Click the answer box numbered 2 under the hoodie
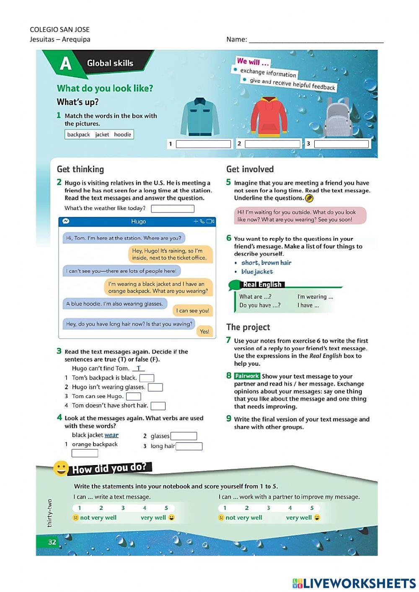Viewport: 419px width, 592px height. tap(272, 144)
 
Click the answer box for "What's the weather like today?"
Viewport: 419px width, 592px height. tap(173, 209)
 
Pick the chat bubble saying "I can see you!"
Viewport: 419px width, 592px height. tap(192, 310)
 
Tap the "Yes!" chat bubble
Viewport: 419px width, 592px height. tap(204, 331)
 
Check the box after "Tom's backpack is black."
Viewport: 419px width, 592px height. tap(147, 378)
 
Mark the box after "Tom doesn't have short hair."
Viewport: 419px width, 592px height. tap(158, 406)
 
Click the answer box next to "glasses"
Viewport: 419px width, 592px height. tap(184, 436)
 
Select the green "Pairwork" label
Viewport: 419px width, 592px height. tap(247, 376)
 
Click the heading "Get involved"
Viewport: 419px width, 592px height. tap(250, 169)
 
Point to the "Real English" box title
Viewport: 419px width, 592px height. tap(262, 284)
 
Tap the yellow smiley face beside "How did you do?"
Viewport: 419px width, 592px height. tap(61, 468)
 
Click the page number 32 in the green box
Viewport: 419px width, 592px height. tap(52, 542)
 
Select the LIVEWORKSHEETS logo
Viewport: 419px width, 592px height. tap(354, 584)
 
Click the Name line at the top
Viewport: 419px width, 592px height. tap(316, 41)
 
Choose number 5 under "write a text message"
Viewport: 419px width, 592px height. tap(166, 508)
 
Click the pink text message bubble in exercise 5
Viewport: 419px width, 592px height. tap(300, 216)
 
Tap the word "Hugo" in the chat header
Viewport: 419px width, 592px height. tap(138, 222)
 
